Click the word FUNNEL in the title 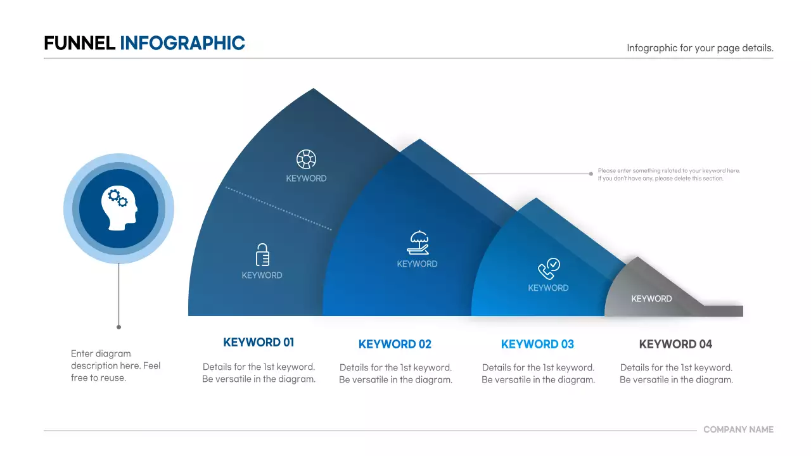coord(79,43)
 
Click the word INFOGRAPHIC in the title coord(182,43)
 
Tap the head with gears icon coord(118,208)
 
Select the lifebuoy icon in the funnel coord(306,160)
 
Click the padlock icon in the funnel coord(262,255)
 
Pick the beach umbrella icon coord(418,243)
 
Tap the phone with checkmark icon coord(549,269)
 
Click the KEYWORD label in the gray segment coord(651,299)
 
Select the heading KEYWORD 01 coord(259,343)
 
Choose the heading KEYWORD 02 coord(395,345)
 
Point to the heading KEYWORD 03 coord(537,345)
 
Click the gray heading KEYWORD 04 coord(675,345)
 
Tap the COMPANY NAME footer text coord(738,429)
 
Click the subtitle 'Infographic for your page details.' coord(699,48)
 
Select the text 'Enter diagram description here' coord(115,365)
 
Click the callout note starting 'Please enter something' coord(668,174)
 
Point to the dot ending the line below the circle coord(118,327)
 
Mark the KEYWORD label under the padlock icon coord(262,275)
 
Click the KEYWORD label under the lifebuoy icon coord(306,179)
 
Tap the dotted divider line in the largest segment coord(279,208)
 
